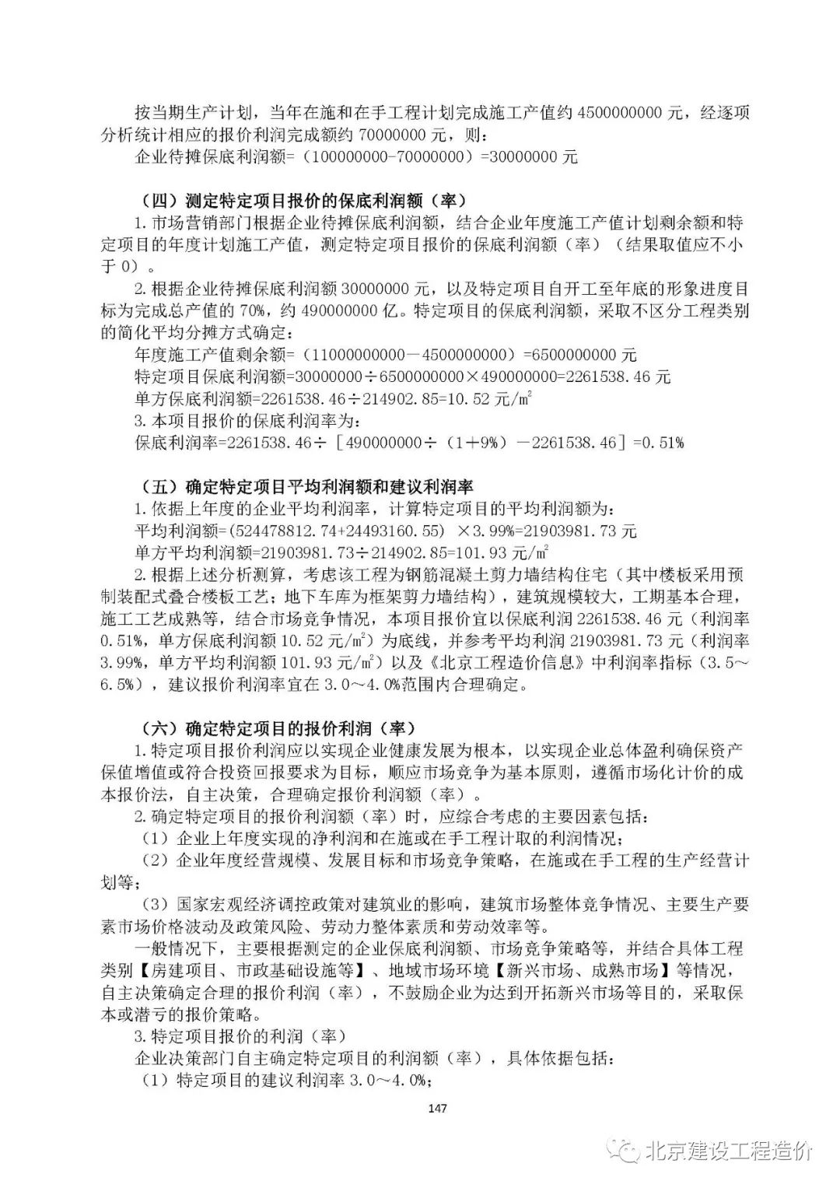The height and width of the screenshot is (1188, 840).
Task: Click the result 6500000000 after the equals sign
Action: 572,356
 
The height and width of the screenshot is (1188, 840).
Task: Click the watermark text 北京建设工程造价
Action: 728,1151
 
